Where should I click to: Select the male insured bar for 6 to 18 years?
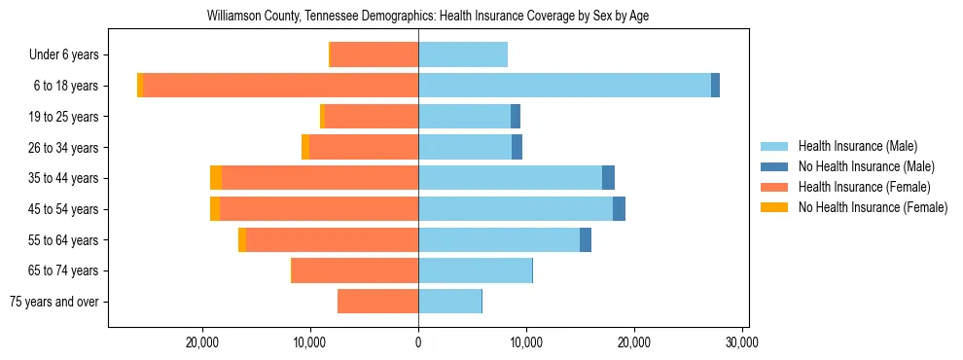tap(564, 86)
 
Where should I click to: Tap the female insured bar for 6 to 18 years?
tap(280, 86)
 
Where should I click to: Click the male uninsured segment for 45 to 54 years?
tap(619, 209)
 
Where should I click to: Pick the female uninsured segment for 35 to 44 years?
tap(216, 178)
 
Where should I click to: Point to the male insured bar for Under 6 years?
tap(463, 54)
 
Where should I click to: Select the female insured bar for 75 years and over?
tap(377, 302)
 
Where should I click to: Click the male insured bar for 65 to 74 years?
tap(475, 270)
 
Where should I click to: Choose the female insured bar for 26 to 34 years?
tap(364, 147)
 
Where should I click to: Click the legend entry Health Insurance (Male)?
tap(857, 146)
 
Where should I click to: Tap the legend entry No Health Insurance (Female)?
tap(873, 207)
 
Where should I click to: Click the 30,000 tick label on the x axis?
tap(741, 342)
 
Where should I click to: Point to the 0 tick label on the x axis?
tap(418, 342)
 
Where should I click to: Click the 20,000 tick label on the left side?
tap(202, 342)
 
